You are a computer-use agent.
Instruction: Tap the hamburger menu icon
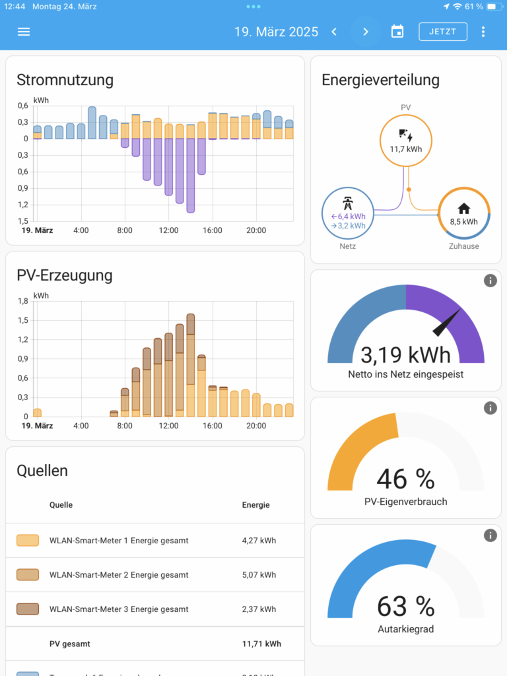pos(24,32)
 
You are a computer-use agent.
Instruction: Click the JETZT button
pos(443,32)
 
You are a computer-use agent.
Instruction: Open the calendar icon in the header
pos(397,32)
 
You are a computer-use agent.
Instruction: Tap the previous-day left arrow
pos(334,32)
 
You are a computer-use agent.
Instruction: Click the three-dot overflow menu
pos(483,32)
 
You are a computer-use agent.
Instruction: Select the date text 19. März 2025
pos(276,32)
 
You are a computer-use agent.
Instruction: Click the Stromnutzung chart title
pos(65,80)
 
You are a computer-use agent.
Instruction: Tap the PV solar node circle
pos(406,140)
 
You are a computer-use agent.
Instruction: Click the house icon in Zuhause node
pos(463,209)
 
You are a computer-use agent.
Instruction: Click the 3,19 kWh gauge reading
pos(405,355)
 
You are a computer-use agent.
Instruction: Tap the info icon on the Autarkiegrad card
pos(490,535)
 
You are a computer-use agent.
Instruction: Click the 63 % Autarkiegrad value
pos(405,606)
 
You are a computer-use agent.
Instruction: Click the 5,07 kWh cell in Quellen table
pos(259,575)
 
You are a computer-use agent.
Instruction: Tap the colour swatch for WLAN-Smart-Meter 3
pos(28,609)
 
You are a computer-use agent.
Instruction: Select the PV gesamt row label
pos(70,644)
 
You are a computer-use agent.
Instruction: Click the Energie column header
pos(255,505)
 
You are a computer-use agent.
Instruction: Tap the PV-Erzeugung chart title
pos(65,275)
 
